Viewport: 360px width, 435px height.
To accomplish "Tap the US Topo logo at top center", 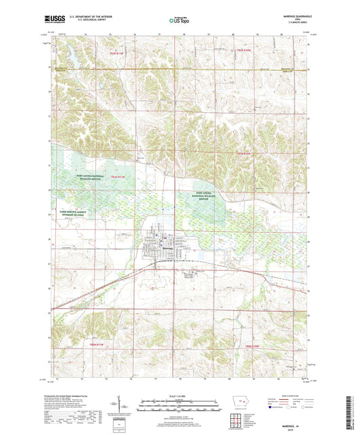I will [179, 20].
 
